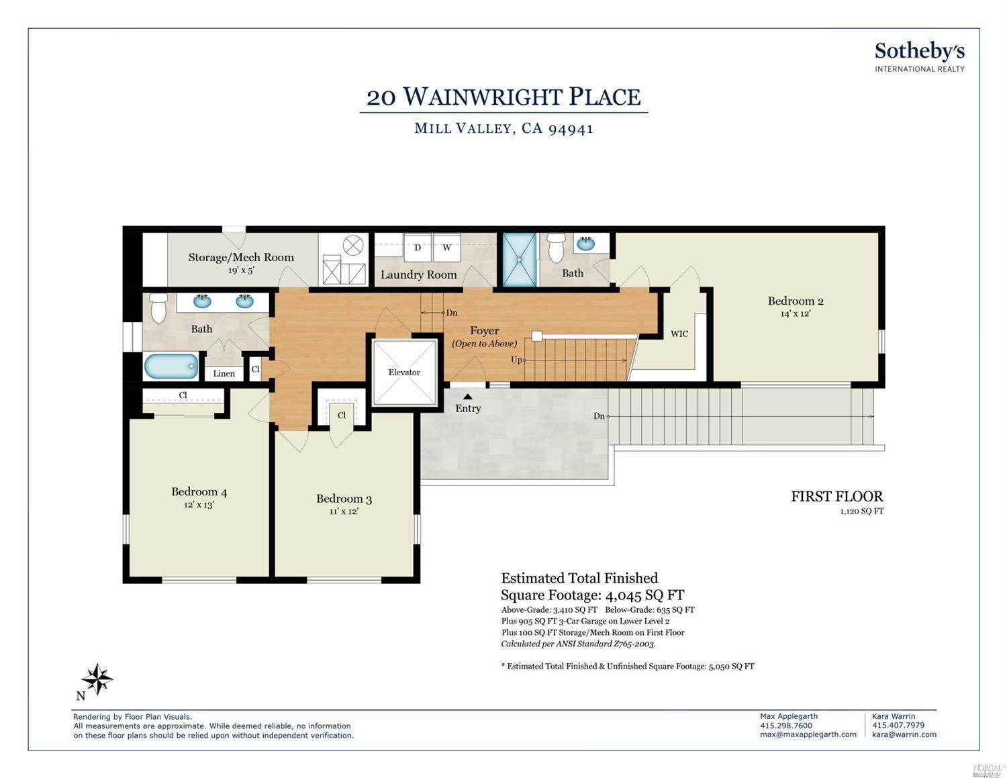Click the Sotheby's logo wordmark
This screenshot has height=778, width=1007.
click(x=920, y=52)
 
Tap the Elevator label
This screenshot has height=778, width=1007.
click(x=404, y=372)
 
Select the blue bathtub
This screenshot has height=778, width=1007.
click(x=171, y=366)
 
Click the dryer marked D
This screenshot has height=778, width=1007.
click(x=418, y=248)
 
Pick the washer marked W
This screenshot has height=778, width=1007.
click(x=446, y=248)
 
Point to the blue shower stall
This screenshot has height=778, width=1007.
click(x=520, y=260)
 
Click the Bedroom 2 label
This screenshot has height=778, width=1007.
click(x=796, y=301)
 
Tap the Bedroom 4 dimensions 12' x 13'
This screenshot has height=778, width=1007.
click(x=199, y=505)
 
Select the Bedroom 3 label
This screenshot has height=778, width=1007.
click(x=344, y=499)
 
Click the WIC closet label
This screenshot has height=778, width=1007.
click(x=679, y=334)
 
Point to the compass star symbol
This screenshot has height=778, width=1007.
click(x=97, y=679)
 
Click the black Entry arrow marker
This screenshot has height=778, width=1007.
click(x=468, y=397)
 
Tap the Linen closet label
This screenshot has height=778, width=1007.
click(x=224, y=373)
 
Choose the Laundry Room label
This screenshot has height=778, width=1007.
click(x=418, y=275)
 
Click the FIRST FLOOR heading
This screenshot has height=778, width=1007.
click(x=837, y=497)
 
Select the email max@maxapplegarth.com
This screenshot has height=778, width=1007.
click(x=808, y=734)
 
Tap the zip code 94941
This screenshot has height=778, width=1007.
click(x=571, y=128)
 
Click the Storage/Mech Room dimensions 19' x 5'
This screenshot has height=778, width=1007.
click(x=241, y=270)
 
